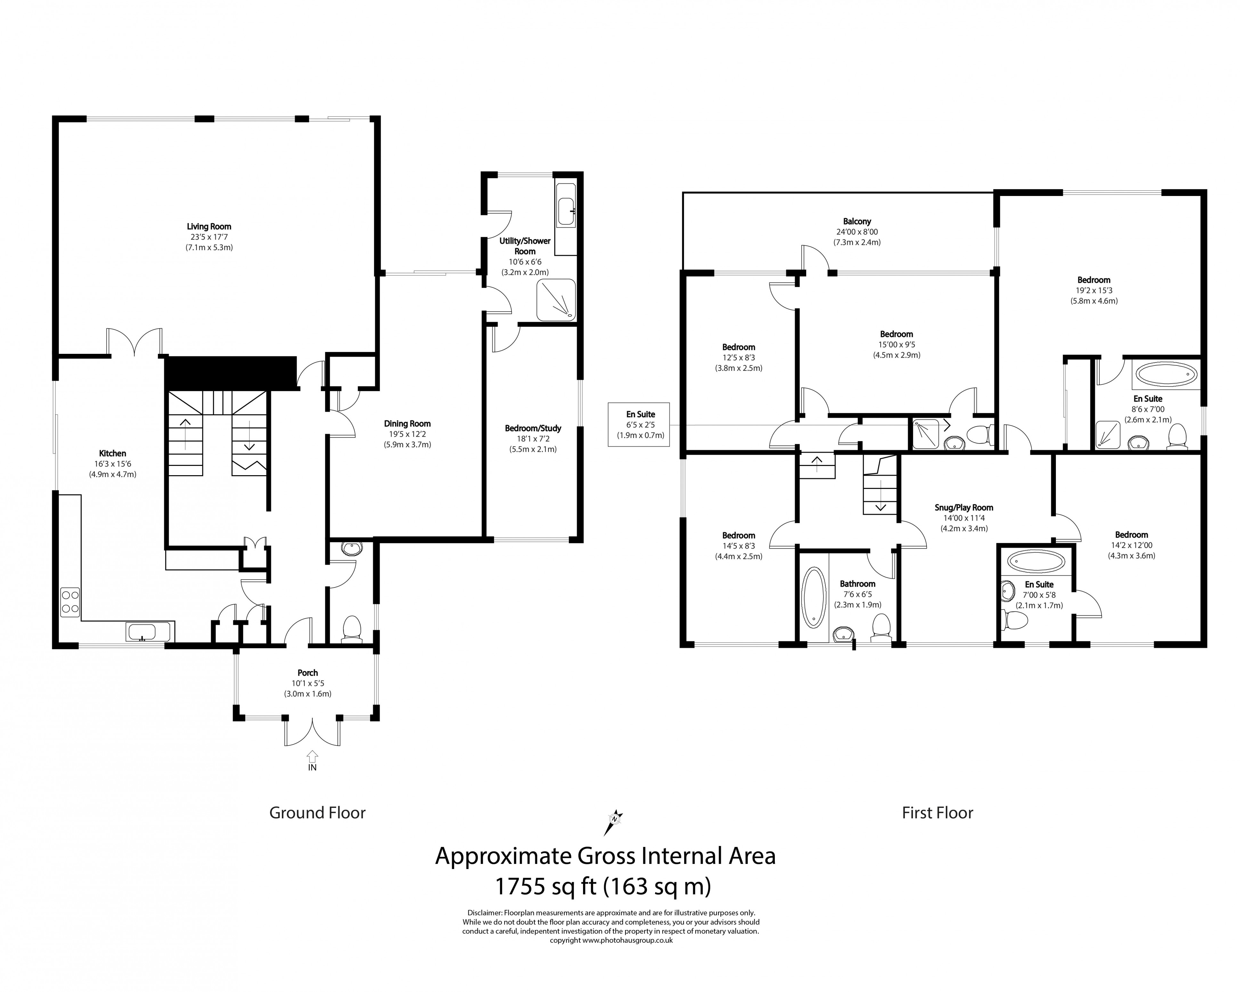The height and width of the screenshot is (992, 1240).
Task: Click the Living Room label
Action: pyautogui.click(x=209, y=227)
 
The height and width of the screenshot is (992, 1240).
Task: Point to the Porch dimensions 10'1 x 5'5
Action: pyautogui.click(x=308, y=683)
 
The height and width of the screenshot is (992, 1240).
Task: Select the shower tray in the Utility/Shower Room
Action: pyautogui.click(x=555, y=300)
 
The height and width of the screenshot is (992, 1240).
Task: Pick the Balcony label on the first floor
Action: pyautogui.click(x=857, y=221)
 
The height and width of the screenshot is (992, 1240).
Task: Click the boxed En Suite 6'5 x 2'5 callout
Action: pyautogui.click(x=640, y=424)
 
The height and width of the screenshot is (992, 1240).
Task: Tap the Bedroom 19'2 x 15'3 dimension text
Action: pyautogui.click(x=1094, y=290)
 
